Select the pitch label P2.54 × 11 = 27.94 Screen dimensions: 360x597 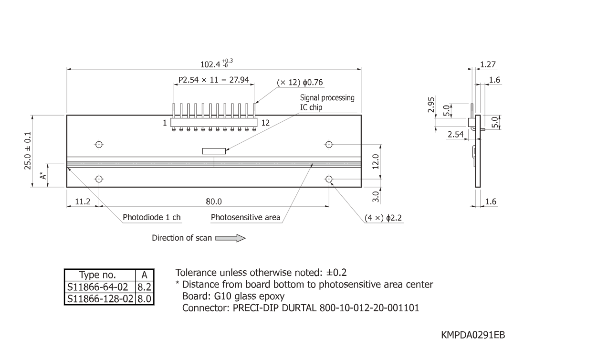[213, 80]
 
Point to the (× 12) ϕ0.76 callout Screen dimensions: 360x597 [300, 83]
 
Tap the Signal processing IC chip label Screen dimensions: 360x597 [327, 102]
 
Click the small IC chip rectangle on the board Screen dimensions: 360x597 [213, 151]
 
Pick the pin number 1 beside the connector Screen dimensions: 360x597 [165, 123]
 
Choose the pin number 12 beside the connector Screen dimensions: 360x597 [265, 123]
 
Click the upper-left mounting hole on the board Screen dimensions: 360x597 [99, 144]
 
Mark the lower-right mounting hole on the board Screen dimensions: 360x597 [329, 179]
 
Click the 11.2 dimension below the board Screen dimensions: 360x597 [82, 201]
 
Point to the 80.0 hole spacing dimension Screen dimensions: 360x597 [214, 201]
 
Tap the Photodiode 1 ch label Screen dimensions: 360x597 [152, 218]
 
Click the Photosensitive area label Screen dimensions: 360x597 [245, 218]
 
